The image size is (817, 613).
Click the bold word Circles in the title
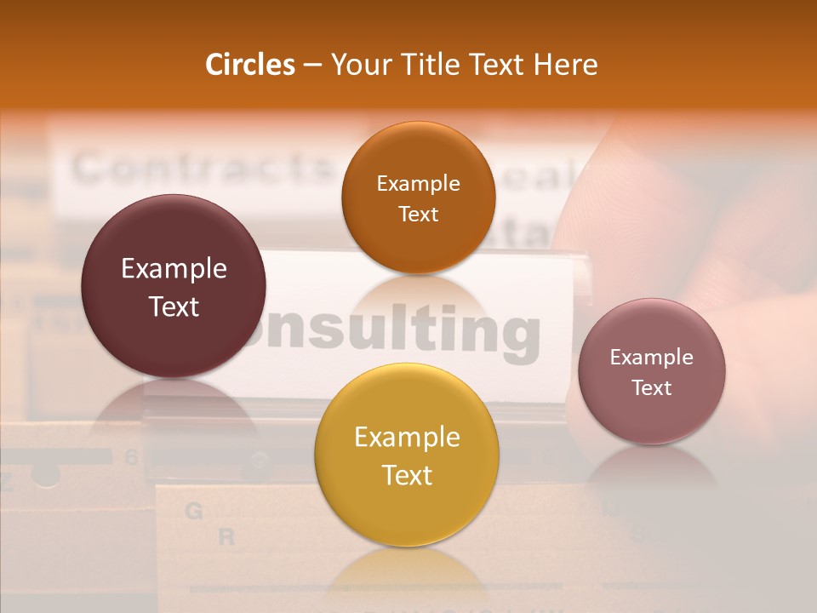250,65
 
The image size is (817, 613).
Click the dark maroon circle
174,286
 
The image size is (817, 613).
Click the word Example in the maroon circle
174,269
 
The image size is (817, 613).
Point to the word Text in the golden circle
407,475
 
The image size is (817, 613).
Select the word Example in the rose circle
652,358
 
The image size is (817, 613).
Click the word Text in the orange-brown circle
418,214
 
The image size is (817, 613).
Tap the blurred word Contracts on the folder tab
200,169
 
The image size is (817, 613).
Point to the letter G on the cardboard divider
194,511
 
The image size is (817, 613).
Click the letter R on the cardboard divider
226,537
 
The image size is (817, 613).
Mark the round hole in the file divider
46,475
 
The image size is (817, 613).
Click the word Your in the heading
357,65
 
